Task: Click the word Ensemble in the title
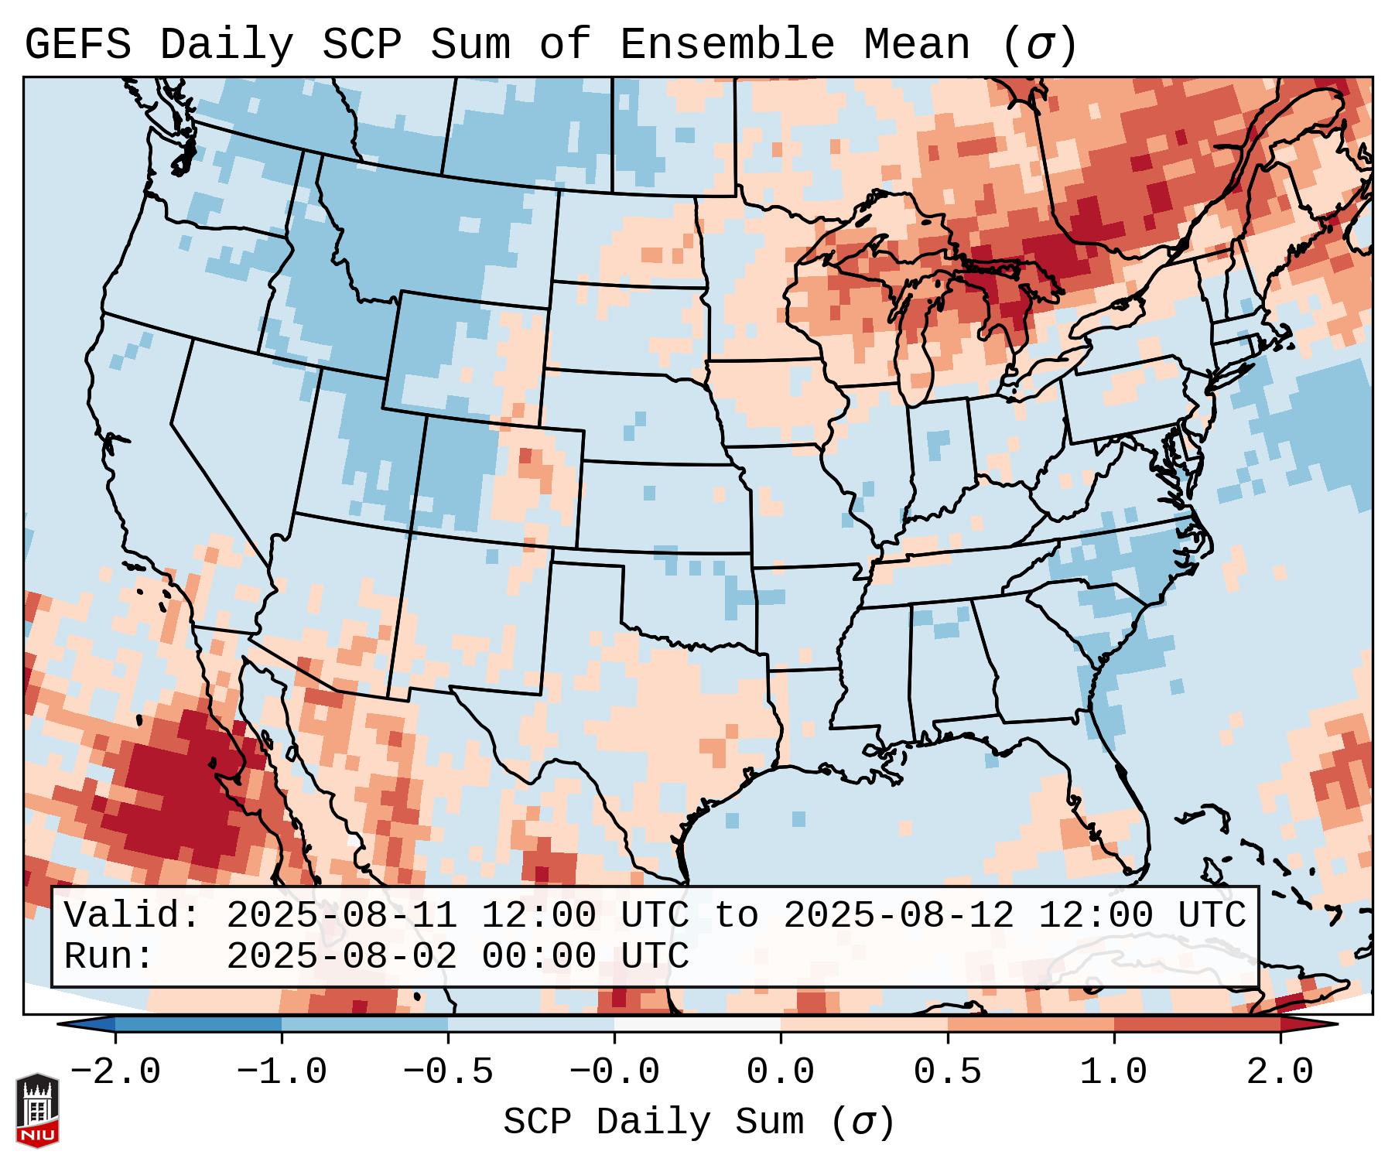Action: click(x=727, y=45)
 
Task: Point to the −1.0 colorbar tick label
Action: click(x=281, y=1072)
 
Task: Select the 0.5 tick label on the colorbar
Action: click(x=947, y=1072)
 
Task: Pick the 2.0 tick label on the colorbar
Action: click(x=1280, y=1072)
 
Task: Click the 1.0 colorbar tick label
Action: click(x=1113, y=1072)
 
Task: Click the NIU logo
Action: click(x=37, y=1109)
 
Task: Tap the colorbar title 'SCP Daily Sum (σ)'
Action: click(x=698, y=1122)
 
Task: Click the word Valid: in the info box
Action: click(x=132, y=916)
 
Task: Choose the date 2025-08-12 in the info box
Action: click(x=898, y=916)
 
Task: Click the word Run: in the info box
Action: click(x=108, y=956)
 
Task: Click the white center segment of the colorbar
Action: click(x=697, y=1024)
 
